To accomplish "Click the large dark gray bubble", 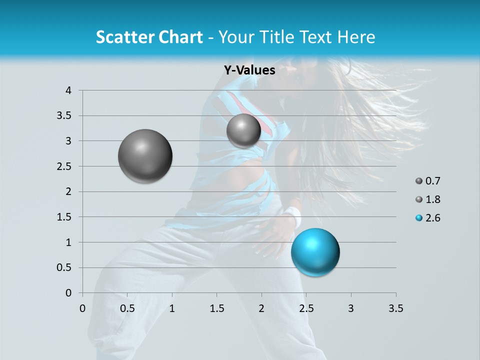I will [145, 156].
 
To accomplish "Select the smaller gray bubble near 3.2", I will [243, 131].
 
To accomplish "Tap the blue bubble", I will [315, 252].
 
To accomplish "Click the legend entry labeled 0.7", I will [427, 181].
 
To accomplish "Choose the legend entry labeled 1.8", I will [427, 199].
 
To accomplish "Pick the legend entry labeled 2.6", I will [427, 217].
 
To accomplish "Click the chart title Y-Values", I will [249, 70].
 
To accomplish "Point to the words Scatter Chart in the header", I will [149, 37].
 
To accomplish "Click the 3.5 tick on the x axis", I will [395, 308].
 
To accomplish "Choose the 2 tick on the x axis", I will [261, 308].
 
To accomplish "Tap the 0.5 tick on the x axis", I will [127, 308].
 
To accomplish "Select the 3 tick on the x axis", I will [351, 308].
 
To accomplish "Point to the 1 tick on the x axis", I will [172, 308].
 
